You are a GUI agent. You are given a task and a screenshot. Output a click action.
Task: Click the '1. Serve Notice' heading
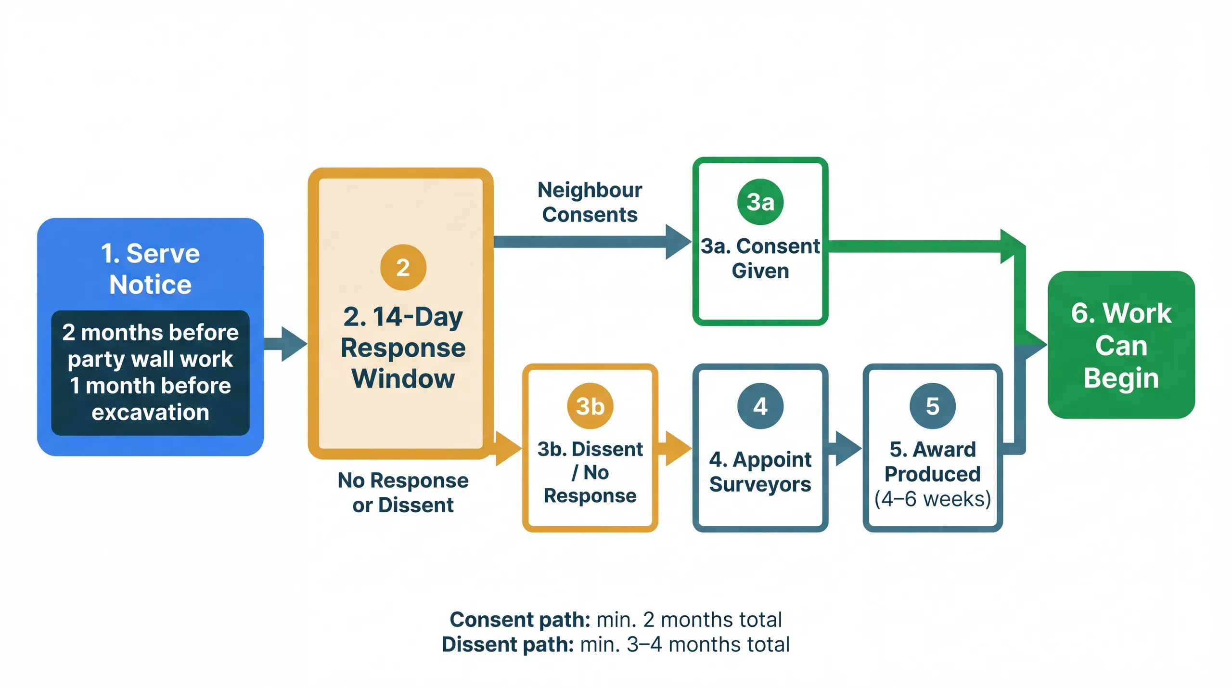(x=150, y=268)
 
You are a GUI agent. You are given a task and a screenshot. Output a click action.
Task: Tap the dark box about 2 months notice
(x=150, y=372)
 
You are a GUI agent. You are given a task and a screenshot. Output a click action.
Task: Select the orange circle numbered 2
(x=403, y=267)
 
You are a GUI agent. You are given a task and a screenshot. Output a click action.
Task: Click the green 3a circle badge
(x=760, y=202)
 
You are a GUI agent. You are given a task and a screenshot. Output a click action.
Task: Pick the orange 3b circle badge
(x=590, y=406)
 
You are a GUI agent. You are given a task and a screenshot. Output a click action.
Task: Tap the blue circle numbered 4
(x=760, y=406)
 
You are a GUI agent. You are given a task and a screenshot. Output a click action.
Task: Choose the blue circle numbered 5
(x=932, y=406)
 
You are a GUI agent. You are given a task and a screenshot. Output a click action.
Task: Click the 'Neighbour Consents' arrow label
(x=590, y=202)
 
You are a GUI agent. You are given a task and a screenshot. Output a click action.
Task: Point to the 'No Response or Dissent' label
(x=403, y=493)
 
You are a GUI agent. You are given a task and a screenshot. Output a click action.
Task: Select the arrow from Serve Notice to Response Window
(x=286, y=343)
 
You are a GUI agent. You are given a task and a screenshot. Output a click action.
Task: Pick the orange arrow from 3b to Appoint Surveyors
(x=675, y=448)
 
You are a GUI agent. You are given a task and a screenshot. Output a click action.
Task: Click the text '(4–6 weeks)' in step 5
(x=932, y=499)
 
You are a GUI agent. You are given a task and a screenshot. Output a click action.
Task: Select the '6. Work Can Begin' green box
(x=1121, y=345)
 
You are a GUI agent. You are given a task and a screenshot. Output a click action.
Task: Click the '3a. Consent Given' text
(x=760, y=259)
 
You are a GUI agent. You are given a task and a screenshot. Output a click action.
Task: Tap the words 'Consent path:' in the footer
(x=520, y=620)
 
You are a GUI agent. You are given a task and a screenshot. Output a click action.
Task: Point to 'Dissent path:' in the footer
(x=508, y=645)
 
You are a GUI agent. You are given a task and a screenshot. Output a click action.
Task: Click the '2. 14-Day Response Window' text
(x=403, y=348)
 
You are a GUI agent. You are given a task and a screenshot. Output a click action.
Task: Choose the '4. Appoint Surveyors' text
(x=760, y=472)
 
